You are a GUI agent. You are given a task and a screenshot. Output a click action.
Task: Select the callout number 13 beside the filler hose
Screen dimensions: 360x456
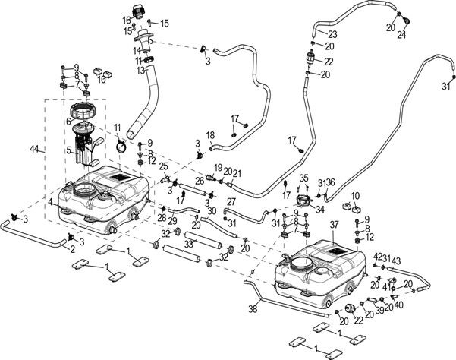tap(140, 70)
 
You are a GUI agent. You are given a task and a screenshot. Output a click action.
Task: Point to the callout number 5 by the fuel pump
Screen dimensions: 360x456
tap(52, 202)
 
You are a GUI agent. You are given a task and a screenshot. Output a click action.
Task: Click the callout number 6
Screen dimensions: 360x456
tap(68, 150)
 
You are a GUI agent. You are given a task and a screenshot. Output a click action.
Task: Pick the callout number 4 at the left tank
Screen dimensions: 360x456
tap(68, 120)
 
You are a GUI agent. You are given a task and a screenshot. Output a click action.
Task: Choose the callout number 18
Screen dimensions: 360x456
tap(211, 135)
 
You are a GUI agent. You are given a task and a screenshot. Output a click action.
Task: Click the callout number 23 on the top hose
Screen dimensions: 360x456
tap(332, 35)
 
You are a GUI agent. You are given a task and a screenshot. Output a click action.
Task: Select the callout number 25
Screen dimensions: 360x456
tap(163, 166)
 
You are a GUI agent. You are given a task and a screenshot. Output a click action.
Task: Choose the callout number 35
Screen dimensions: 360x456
tap(303, 178)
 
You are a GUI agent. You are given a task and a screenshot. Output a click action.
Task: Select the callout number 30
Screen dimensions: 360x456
tap(212, 211)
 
